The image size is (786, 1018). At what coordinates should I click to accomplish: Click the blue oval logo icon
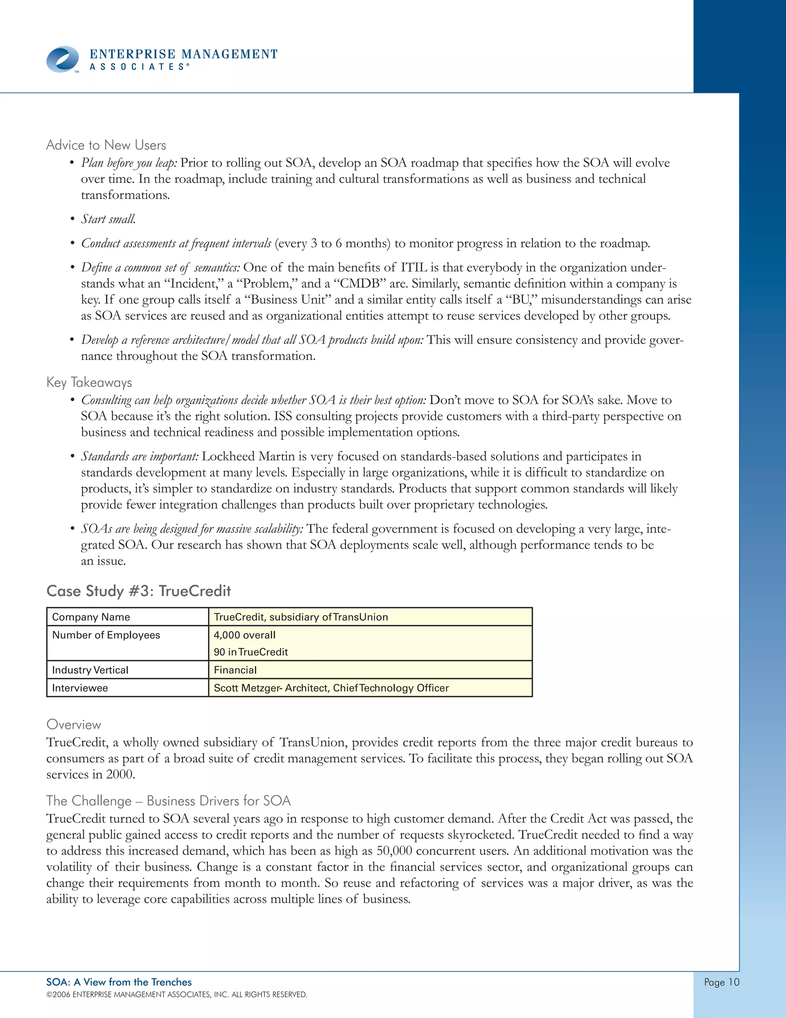click(x=63, y=59)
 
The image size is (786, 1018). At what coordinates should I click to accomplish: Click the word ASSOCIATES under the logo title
click(x=139, y=67)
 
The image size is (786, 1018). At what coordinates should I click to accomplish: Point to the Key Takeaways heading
click(x=89, y=382)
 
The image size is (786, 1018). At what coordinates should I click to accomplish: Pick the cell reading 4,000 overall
click(x=244, y=635)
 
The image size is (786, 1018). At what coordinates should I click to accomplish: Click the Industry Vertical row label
click(x=90, y=670)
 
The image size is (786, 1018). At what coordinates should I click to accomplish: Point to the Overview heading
click(x=74, y=725)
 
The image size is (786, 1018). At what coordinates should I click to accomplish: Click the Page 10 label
click(x=721, y=982)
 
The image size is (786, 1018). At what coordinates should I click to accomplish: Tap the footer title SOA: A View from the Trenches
click(x=119, y=982)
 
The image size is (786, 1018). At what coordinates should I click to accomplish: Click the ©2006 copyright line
click(x=177, y=995)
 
